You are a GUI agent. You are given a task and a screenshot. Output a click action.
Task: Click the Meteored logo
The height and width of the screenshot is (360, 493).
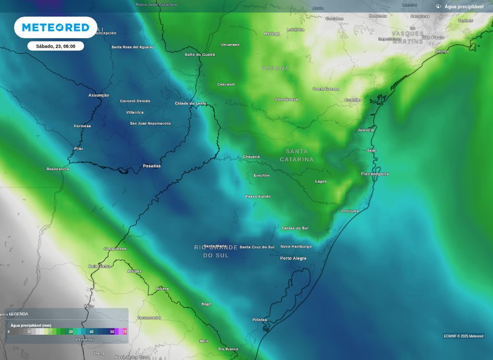[x=55, y=27]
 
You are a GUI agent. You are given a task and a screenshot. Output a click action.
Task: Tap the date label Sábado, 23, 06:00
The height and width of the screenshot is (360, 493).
[x=55, y=46]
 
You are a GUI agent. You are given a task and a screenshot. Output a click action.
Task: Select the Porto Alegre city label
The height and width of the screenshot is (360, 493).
[x=293, y=258]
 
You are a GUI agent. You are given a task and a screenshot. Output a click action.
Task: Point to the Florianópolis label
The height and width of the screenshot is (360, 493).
[x=375, y=174]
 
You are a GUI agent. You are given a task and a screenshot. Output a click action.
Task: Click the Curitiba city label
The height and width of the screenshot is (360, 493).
[x=353, y=100]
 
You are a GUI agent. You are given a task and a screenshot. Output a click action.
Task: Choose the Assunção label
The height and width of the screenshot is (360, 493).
[x=99, y=95]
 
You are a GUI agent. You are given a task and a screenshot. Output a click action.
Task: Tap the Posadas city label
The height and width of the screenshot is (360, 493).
[x=152, y=166]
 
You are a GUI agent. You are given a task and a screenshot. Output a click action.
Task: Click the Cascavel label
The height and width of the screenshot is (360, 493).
[x=226, y=84]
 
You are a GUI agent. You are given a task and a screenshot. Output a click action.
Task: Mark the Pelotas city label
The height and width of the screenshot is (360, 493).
[x=259, y=320]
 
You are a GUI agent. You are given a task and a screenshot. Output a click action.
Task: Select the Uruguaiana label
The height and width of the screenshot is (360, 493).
[x=115, y=249]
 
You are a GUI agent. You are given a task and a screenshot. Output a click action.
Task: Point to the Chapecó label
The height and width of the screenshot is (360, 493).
[x=251, y=157]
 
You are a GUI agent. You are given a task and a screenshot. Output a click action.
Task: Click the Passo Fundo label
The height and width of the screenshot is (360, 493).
[x=258, y=196]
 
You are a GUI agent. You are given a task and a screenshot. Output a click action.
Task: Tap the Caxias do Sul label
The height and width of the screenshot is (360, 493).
[x=295, y=228]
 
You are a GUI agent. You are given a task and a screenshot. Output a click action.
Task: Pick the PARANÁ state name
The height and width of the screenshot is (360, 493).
[x=275, y=68]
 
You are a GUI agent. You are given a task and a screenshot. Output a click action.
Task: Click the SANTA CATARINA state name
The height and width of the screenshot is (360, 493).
[x=297, y=155]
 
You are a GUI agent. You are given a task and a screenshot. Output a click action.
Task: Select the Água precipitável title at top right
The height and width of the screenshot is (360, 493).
[x=464, y=7]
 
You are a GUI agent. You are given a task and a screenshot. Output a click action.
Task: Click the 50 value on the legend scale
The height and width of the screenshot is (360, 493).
[x=112, y=332]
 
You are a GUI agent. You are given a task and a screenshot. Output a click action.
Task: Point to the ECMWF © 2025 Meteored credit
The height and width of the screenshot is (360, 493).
[x=463, y=336]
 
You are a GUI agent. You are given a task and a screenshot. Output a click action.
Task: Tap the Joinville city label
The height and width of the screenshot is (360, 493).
[x=366, y=130]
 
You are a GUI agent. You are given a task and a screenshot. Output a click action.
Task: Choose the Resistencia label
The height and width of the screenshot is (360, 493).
[x=58, y=169]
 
